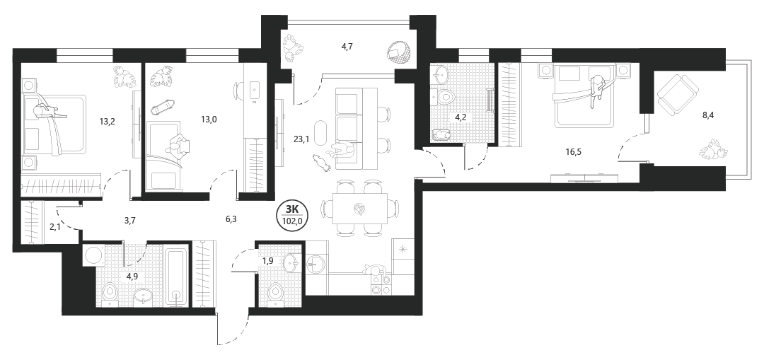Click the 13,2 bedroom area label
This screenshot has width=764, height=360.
click(108, 122)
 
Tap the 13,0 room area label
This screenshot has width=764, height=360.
click(209, 118)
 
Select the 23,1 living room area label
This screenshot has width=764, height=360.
click(301, 139)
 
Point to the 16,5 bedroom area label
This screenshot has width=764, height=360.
click(573, 151)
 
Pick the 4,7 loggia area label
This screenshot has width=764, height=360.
click(347, 47)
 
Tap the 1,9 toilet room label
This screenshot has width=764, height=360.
click(267, 261)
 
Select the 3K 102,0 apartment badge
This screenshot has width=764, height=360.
click(291, 215)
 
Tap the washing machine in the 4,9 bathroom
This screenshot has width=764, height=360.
click(91, 255)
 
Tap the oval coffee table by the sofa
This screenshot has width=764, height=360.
click(322, 132)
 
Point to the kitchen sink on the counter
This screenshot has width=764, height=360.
click(316, 265)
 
